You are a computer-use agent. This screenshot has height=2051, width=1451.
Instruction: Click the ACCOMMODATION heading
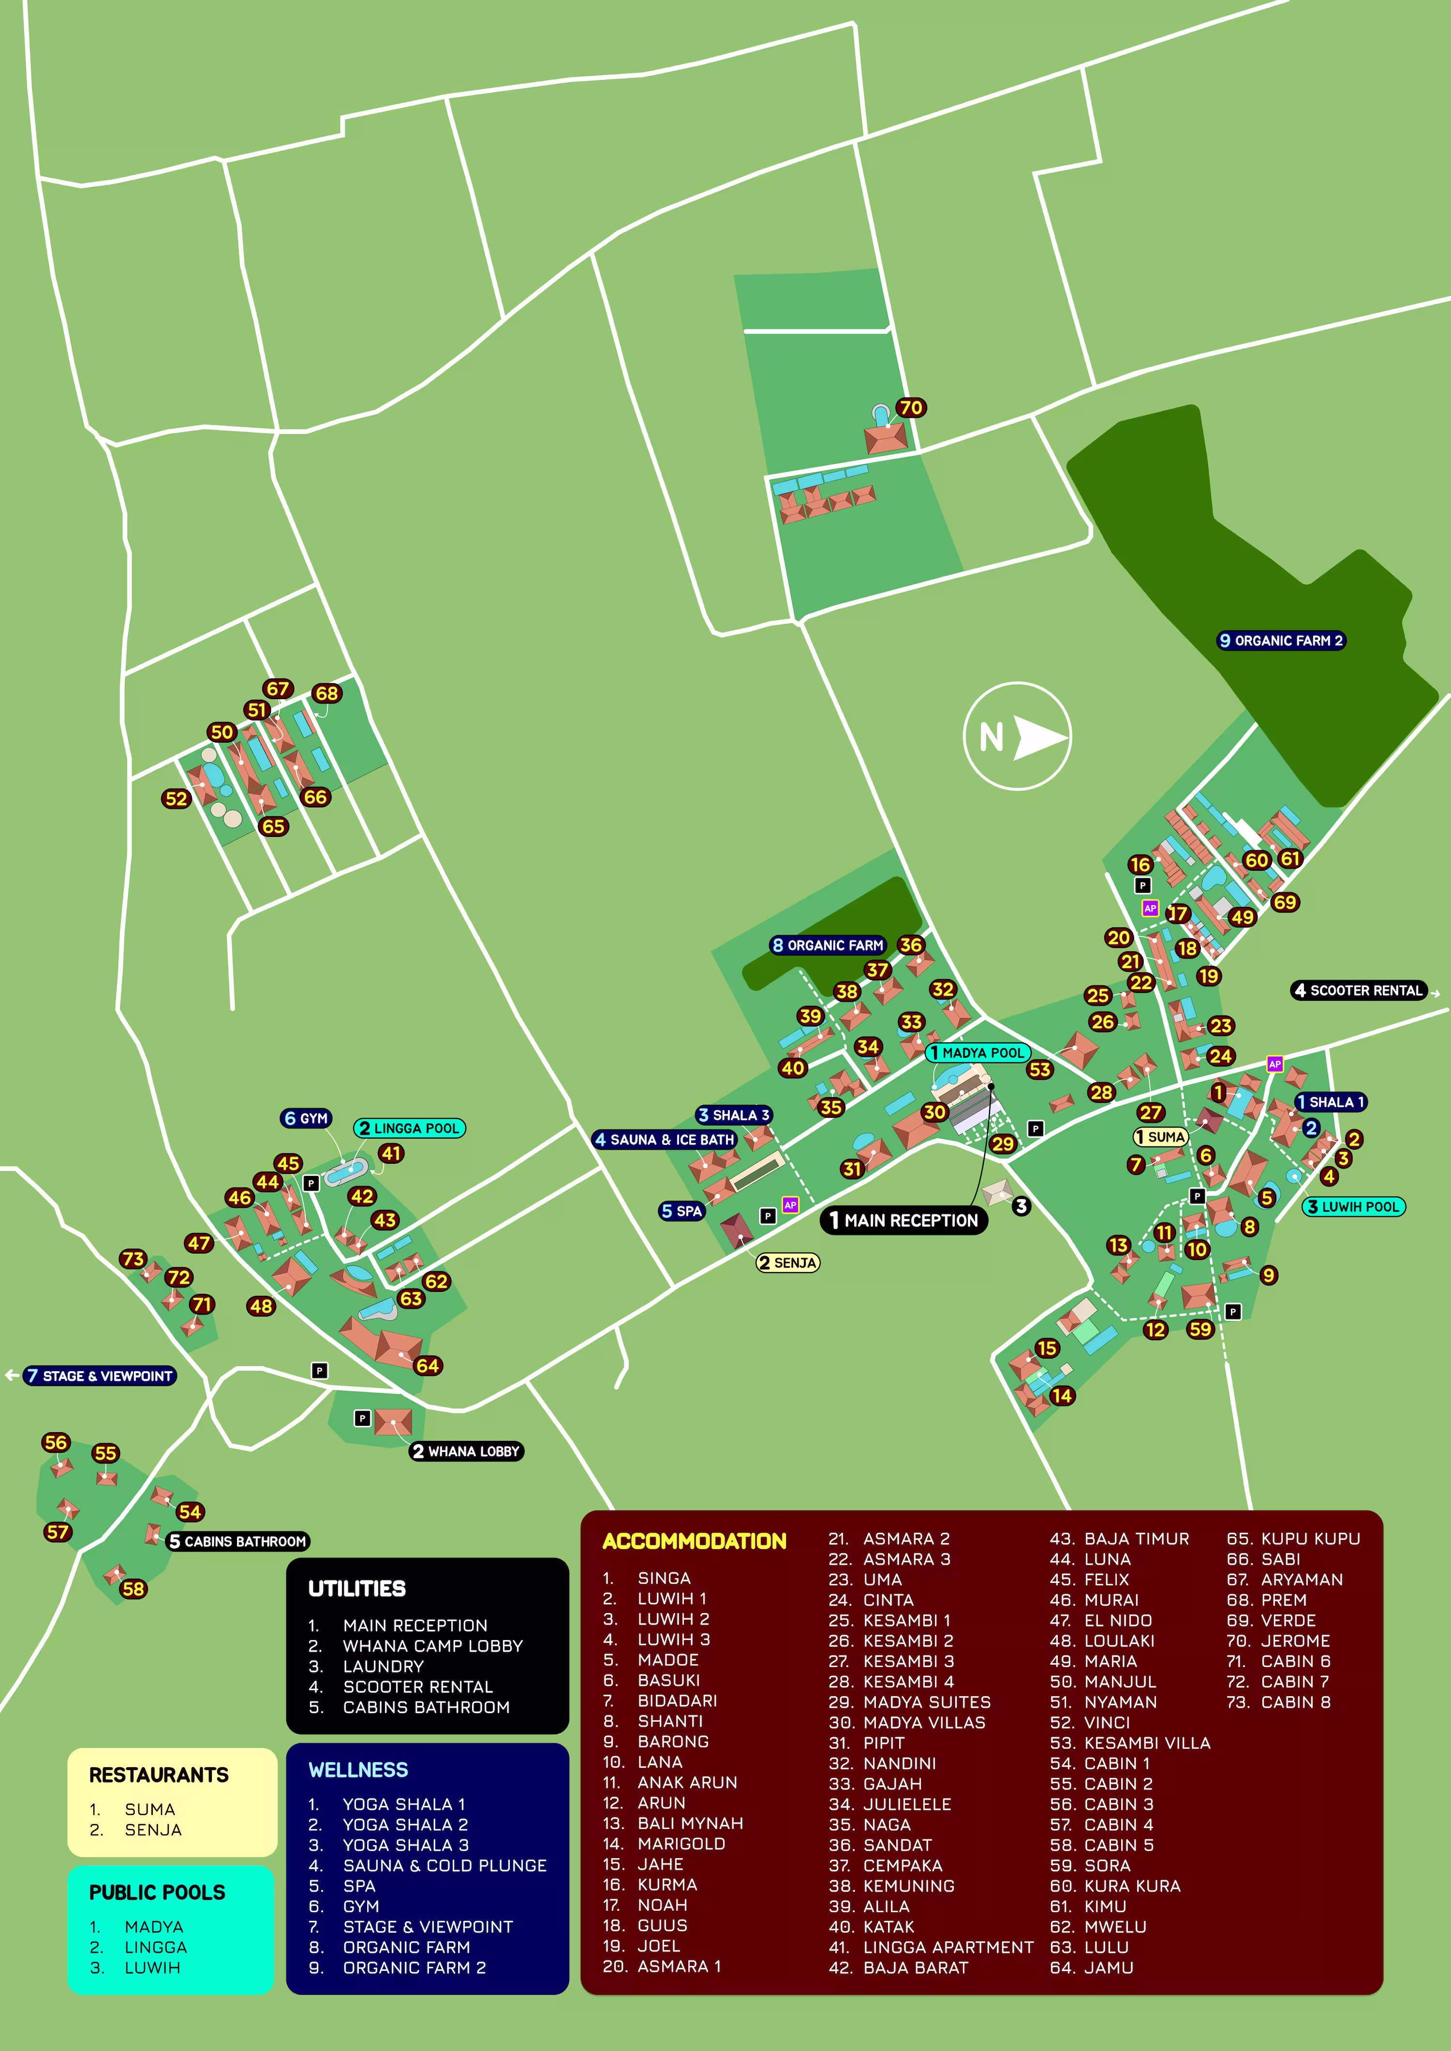point(694,1541)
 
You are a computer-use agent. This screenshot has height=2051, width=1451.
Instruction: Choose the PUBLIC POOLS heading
point(157,1892)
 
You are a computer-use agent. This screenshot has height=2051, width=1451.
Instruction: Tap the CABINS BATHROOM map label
point(237,1541)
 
